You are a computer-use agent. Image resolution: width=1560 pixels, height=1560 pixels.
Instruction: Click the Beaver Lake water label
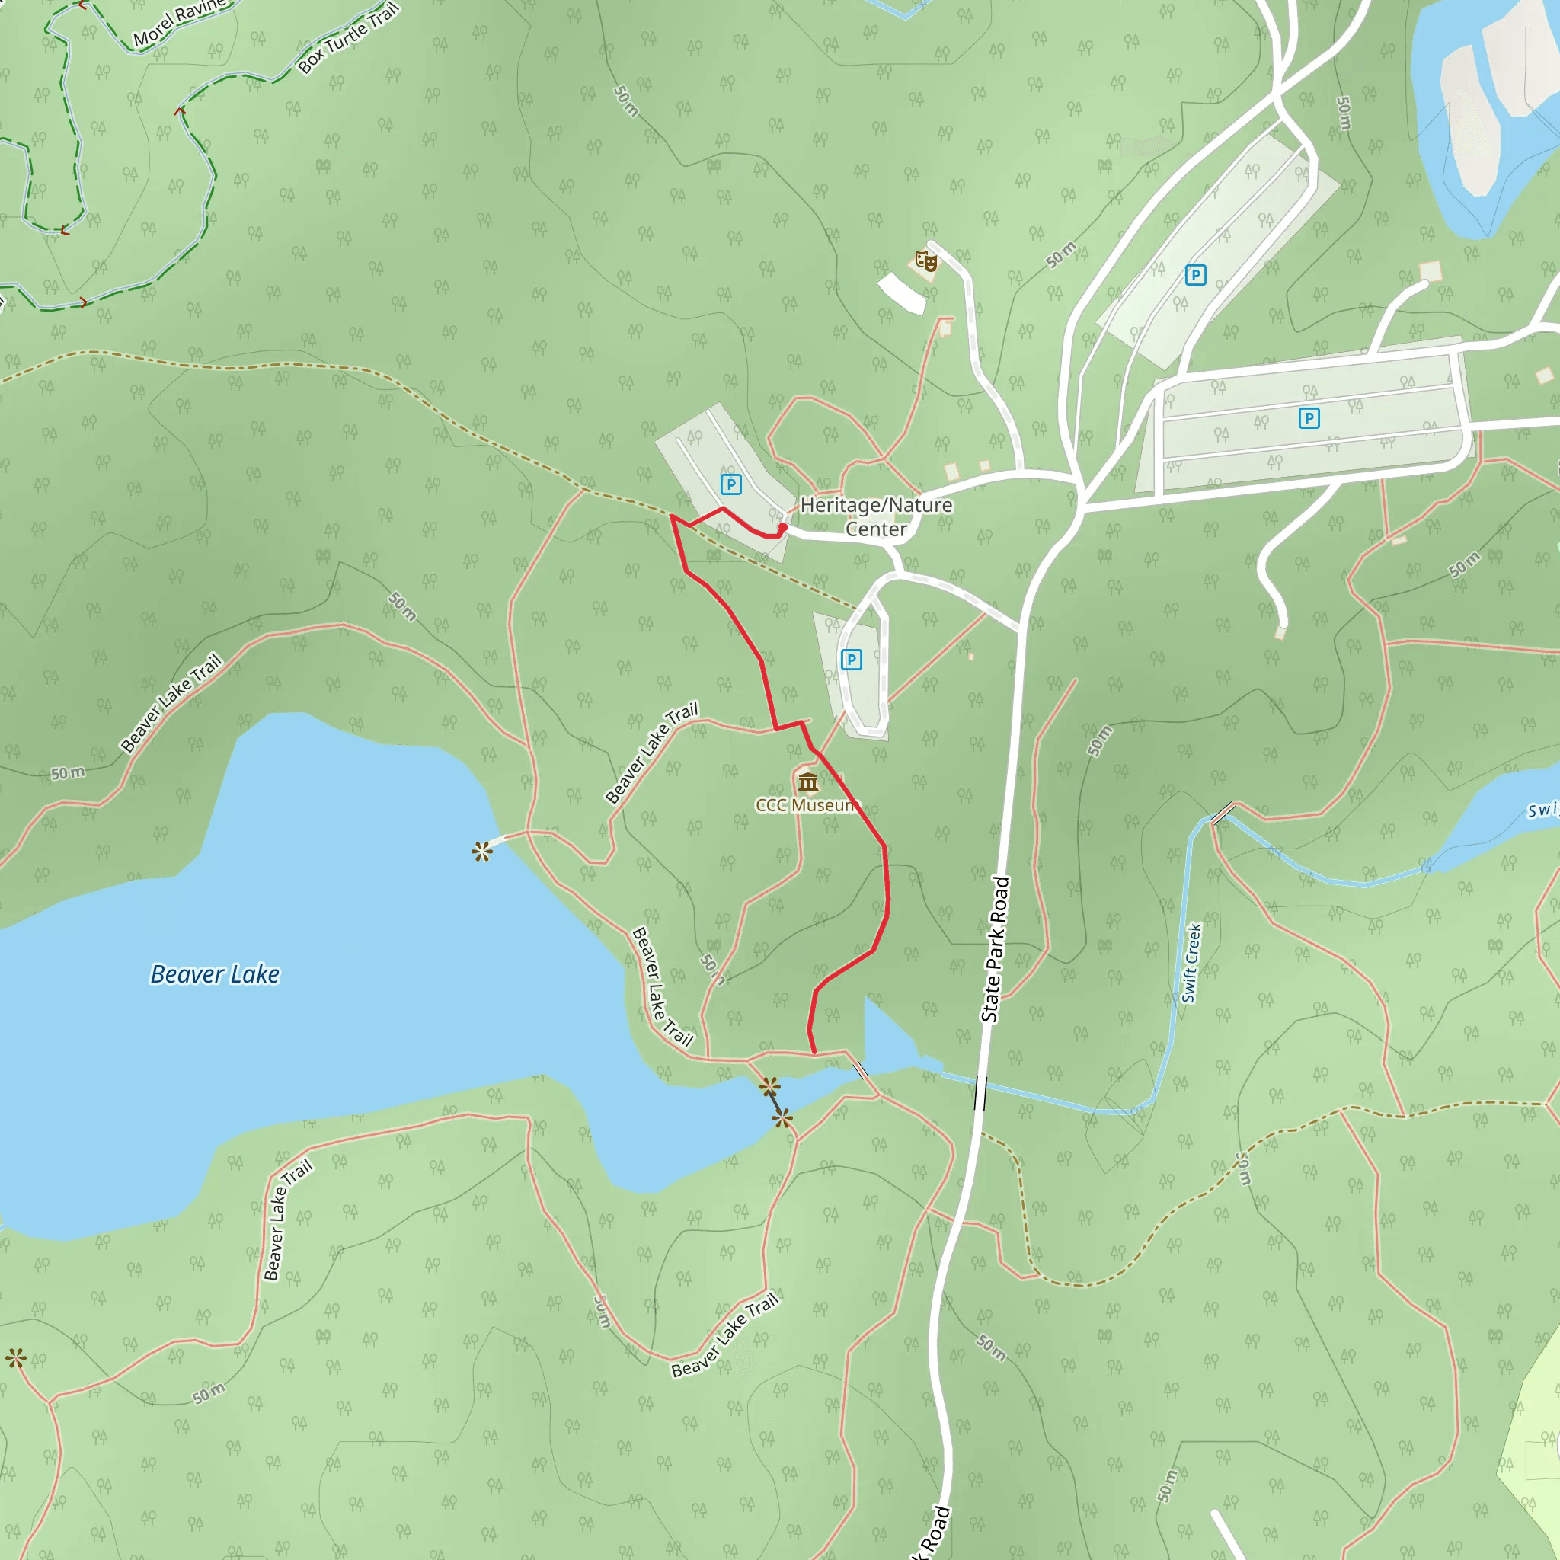click(x=215, y=974)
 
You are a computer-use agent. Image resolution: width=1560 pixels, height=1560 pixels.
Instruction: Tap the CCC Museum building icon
click(x=807, y=782)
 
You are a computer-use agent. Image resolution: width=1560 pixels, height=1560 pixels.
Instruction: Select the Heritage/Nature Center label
click(x=876, y=516)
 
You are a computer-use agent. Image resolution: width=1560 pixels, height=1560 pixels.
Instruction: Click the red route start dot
click(x=782, y=527)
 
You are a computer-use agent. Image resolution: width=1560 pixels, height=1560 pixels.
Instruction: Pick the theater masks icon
click(x=926, y=261)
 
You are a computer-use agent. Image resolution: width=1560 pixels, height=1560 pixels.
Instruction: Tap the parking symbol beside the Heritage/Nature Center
click(x=730, y=484)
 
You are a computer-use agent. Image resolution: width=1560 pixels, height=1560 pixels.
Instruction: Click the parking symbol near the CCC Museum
click(x=851, y=660)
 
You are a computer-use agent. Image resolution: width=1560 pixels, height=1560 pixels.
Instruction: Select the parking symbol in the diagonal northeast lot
click(x=1195, y=275)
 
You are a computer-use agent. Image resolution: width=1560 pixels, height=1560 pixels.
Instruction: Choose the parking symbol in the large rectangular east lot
click(x=1309, y=417)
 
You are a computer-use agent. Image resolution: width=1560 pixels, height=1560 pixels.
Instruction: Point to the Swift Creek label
click(x=1192, y=963)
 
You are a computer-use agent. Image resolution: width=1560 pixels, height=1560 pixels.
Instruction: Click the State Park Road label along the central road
click(x=996, y=950)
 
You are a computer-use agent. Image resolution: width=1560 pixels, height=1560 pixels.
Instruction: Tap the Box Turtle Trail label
click(x=348, y=38)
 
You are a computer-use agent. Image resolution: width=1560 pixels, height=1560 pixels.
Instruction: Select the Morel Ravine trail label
click(x=179, y=23)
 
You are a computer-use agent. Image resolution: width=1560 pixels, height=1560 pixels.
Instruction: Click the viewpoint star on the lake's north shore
click(x=482, y=851)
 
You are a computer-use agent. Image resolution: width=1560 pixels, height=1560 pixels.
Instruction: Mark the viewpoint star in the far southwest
click(x=15, y=1358)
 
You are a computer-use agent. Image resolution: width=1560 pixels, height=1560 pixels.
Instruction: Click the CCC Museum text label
click(x=804, y=805)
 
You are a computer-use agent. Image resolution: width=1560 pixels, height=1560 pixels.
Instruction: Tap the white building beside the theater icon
click(x=902, y=293)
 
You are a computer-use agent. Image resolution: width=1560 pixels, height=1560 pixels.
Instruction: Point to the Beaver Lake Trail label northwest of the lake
click(x=171, y=702)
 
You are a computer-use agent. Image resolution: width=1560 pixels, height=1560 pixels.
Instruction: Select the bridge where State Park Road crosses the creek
click(x=980, y=1092)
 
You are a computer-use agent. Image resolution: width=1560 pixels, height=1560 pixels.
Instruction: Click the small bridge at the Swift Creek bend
click(x=1223, y=813)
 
